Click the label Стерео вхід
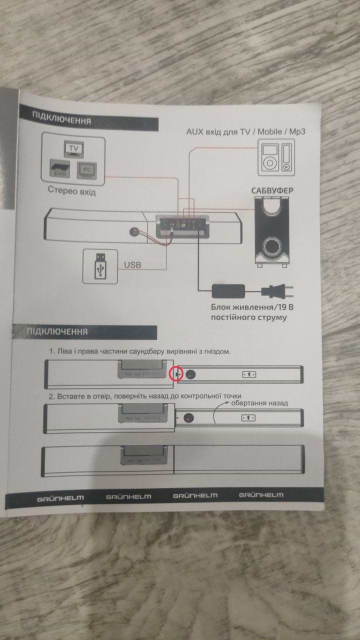coord(71,190)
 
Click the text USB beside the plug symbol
coord(133,264)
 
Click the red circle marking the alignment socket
coord(176,373)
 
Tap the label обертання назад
coord(259,403)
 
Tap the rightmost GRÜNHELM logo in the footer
coord(260,495)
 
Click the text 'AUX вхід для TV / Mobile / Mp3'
coord(245,131)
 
